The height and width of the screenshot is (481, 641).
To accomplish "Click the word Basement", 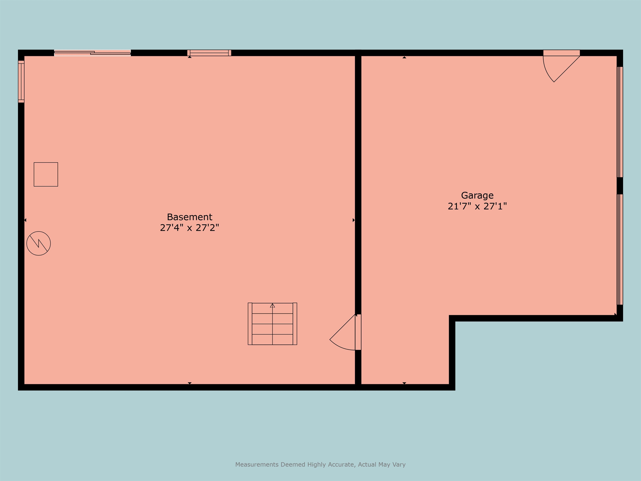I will [x=189, y=217].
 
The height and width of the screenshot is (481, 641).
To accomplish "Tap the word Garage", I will [x=477, y=195].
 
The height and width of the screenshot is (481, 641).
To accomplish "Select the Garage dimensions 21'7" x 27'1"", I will [x=477, y=206].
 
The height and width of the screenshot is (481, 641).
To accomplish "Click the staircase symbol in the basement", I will [x=272, y=324].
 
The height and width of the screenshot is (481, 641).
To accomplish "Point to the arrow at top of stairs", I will [x=272, y=306].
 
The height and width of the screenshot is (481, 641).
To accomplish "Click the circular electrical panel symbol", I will [x=39, y=243].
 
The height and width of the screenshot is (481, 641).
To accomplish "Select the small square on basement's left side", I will [x=46, y=174].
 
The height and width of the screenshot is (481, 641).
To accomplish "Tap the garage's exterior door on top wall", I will [x=561, y=53].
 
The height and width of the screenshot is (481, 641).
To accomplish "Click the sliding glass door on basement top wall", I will [x=92, y=53].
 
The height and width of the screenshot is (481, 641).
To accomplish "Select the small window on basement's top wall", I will [x=209, y=53].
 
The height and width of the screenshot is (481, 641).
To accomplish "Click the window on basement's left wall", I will [x=21, y=81].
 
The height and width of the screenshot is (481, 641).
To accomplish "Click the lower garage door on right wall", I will [x=619, y=249].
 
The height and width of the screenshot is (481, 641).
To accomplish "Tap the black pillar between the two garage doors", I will [x=620, y=186].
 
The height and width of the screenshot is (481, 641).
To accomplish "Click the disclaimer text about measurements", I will [x=320, y=465].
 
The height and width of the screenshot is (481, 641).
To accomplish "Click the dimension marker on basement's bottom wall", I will [x=189, y=383].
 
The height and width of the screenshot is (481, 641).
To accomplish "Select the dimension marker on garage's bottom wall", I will [x=404, y=383].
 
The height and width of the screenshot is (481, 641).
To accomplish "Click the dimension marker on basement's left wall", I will [x=25, y=220].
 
